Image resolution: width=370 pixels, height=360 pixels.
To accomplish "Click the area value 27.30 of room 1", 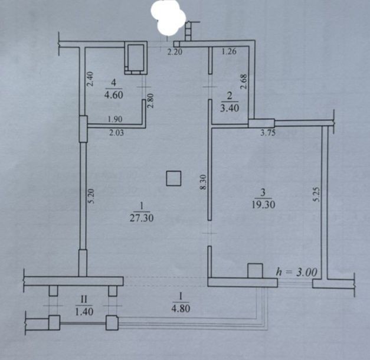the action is tap(142, 218).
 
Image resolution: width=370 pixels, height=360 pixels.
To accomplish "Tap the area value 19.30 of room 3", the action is tap(263, 204).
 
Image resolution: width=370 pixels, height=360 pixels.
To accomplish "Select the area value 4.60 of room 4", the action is tap(113, 95).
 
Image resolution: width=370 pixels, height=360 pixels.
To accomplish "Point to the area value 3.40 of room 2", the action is tap(230, 108).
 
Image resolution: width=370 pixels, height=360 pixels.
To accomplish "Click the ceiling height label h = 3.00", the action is tap(296, 272).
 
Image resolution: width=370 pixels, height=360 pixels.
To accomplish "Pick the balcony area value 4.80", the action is tap(181, 308).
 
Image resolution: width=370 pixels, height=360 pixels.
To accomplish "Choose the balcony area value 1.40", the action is tap(84, 312).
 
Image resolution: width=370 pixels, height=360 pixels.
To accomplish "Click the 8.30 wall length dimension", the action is tap(203, 182).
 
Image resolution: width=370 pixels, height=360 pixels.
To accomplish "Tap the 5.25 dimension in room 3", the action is tap(316, 194).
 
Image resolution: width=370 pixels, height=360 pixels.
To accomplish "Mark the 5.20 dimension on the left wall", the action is tap(91, 196).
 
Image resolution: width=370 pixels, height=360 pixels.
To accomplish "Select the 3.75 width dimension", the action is tap(268, 133).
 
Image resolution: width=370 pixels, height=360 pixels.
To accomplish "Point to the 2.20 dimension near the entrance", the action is tap(175, 52).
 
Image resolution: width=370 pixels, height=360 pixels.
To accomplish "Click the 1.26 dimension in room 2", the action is tap(229, 51).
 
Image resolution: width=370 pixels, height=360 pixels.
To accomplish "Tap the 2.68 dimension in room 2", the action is tap(244, 81).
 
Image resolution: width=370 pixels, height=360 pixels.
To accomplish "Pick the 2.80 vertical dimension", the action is tap(150, 100).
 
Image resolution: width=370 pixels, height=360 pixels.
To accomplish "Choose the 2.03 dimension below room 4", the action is tap(116, 133).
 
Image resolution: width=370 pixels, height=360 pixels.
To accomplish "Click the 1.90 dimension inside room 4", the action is tap(115, 119).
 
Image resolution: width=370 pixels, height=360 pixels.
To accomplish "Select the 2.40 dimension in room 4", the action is tap(90, 79).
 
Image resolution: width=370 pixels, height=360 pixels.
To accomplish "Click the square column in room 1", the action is tap(173, 178).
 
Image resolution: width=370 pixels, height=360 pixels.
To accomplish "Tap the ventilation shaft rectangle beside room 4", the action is tap(136, 58).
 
